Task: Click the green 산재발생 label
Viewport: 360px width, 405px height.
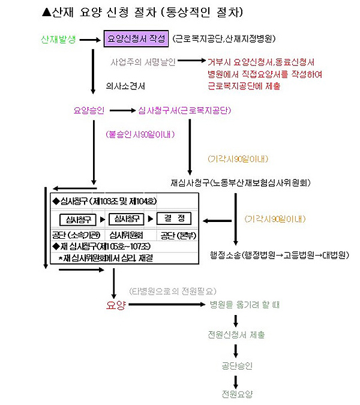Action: tap(58, 40)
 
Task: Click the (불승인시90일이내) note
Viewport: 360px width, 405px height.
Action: tap(140, 134)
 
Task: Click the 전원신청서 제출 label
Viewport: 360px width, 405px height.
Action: tap(235, 335)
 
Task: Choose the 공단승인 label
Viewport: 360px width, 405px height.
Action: tap(236, 365)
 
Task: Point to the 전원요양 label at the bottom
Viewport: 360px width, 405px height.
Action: tap(236, 394)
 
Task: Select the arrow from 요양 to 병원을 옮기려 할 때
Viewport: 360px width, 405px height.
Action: tap(166, 305)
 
